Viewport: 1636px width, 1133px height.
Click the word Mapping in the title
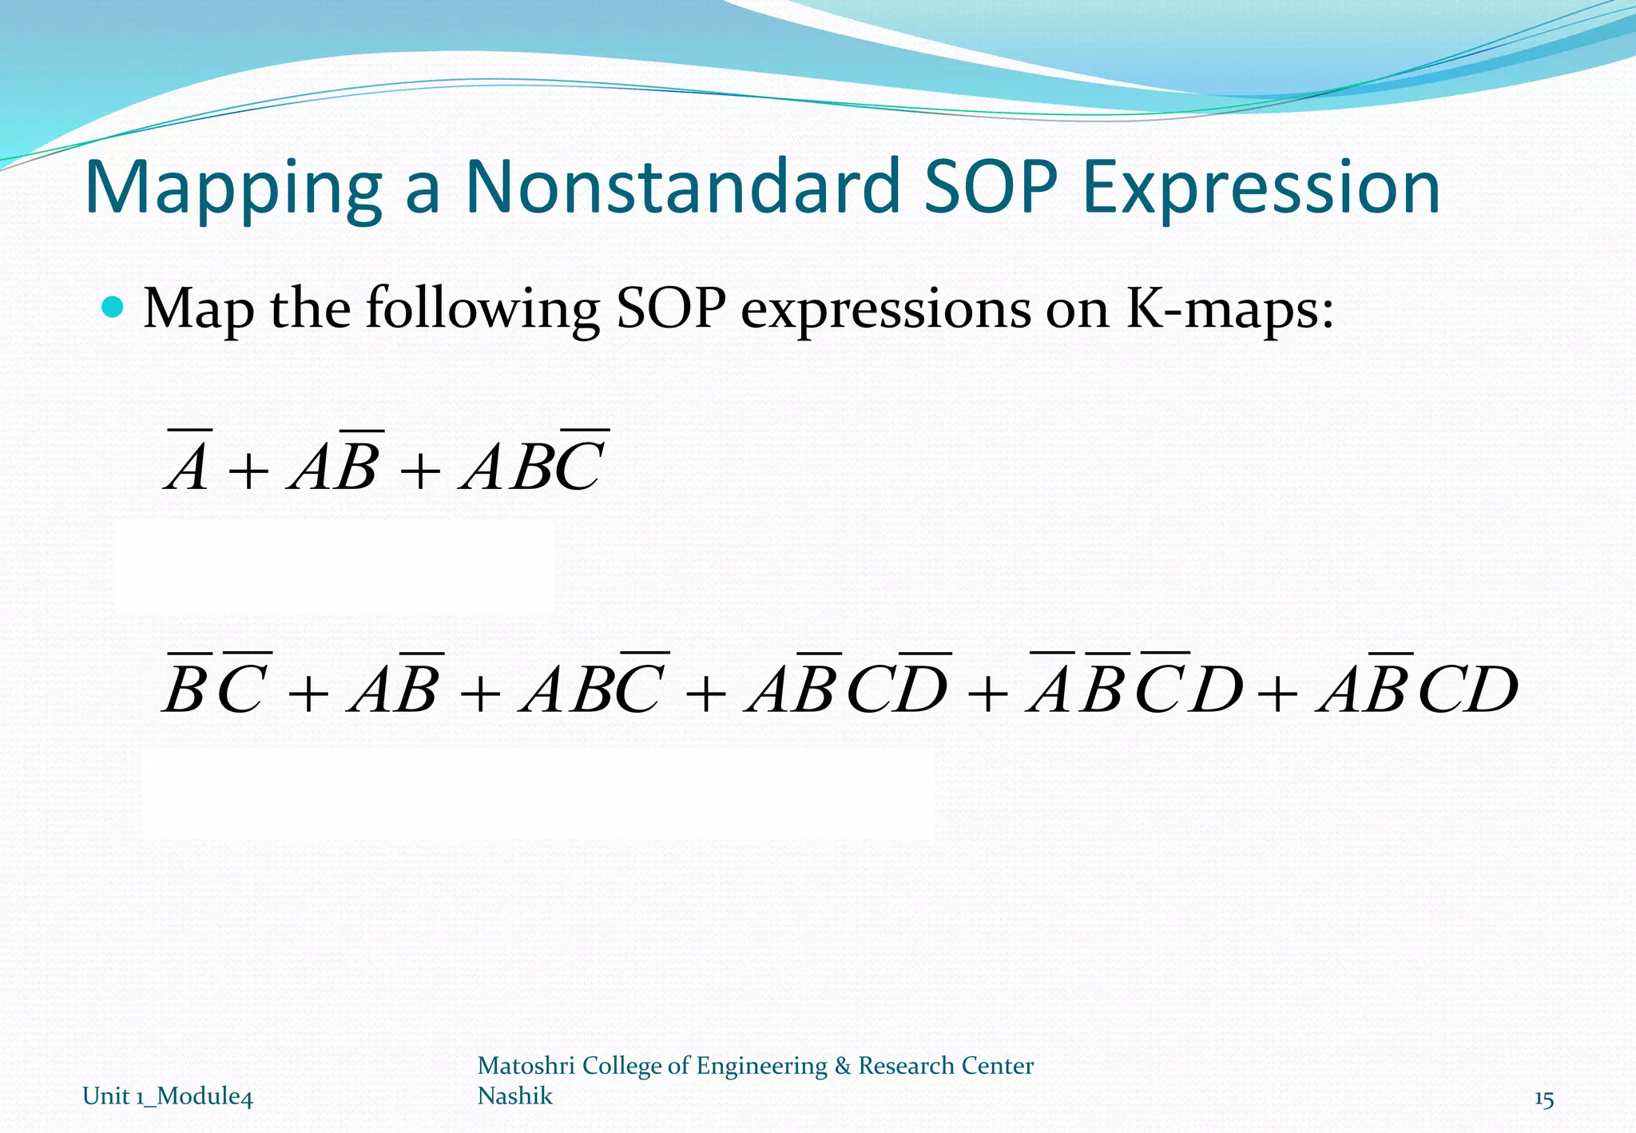(232, 189)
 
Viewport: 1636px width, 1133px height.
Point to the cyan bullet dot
(113, 307)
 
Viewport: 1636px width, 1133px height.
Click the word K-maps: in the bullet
(1229, 310)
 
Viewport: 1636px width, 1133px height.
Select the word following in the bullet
(482, 310)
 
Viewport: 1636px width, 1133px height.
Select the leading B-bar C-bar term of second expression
(216, 687)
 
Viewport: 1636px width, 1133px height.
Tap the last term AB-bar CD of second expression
(1418, 687)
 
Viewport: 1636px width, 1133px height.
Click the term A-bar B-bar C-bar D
(1134, 687)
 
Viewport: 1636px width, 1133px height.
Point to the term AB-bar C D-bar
(848, 687)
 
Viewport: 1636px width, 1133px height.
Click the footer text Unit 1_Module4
(168, 1096)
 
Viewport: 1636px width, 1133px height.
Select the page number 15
(1543, 1099)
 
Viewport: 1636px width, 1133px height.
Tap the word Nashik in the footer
(514, 1095)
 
